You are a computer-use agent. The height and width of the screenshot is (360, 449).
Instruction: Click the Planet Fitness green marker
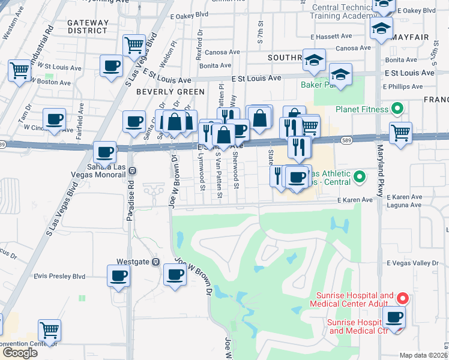coord(396,109)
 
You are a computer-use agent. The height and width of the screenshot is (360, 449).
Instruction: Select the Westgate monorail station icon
coord(155,262)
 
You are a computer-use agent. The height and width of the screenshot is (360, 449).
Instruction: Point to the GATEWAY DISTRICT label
coord(88,26)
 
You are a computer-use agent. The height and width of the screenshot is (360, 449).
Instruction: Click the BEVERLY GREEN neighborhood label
coord(162,92)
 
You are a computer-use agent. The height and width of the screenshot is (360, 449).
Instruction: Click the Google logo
coord(20,352)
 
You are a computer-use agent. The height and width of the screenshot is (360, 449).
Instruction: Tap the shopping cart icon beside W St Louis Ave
coord(19,69)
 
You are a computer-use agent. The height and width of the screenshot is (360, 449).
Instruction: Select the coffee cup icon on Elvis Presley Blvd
coord(118,275)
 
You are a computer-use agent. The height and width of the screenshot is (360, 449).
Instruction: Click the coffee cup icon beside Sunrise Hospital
coord(394,317)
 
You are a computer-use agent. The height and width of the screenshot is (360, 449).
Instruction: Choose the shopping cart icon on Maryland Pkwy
coord(400,132)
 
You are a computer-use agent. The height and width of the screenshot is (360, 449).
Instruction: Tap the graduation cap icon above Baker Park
coord(340,74)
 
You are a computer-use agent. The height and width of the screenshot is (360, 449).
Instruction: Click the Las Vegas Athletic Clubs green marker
coord(359,176)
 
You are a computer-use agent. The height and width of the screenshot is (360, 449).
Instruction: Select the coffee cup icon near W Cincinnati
coord(54,119)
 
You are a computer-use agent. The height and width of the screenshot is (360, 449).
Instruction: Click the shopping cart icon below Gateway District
coord(134,44)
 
